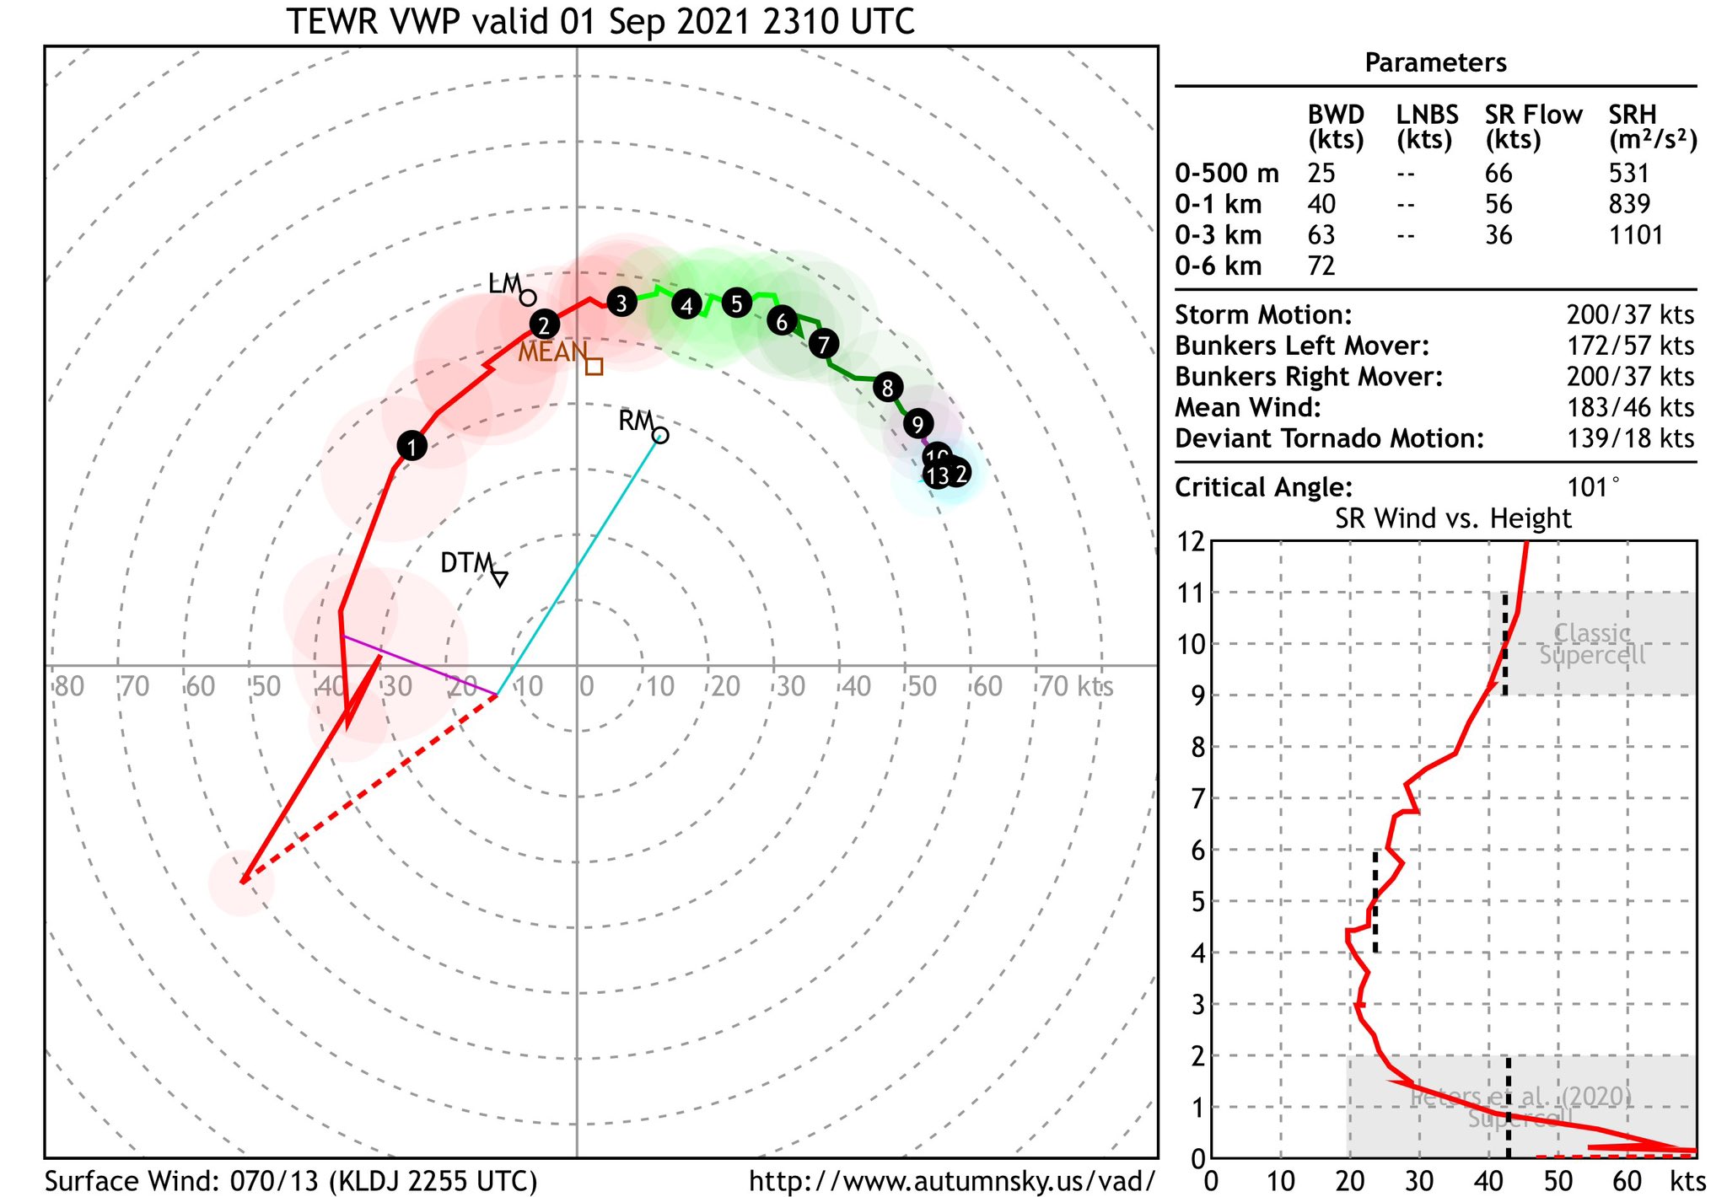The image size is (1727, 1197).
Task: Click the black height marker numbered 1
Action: [x=412, y=446]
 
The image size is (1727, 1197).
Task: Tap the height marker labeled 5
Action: [x=736, y=303]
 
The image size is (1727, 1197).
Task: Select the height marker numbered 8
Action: [x=887, y=388]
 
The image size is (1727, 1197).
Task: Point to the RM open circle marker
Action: [x=661, y=435]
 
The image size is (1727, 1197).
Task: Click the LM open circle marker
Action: [x=528, y=298]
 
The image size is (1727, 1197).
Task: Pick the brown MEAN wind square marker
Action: [x=594, y=366]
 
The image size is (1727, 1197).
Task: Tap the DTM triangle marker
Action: [x=500, y=578]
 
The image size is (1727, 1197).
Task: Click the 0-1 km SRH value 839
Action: [x=1628, y=204]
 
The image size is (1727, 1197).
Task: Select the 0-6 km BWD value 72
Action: [x=1321, y=266]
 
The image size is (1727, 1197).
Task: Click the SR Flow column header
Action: [x=1533, y=126]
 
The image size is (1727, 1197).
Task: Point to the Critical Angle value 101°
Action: [x=1593, y=487]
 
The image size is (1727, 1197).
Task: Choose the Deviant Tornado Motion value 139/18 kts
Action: [x=1630, y=438]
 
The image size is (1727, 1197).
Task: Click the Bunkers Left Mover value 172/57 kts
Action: [x=1630, y=346]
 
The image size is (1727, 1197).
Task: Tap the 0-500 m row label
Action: [x=1227, y=174]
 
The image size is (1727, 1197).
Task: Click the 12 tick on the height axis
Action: [x=1192, y=541]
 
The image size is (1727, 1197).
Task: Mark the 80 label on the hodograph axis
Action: [x=69, y=686]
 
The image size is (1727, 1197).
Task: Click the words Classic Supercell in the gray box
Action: [x=1592, y=644]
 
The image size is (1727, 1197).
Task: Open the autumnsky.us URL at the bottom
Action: [x=951, y=1181]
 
